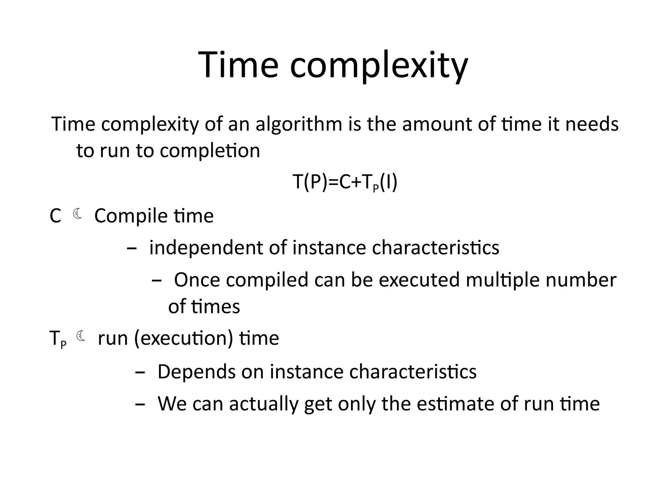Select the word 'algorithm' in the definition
pyautogui.click(x=299, y=124)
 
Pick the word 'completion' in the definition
pyautogui.click(x=210, y=151)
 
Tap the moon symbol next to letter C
pyautogui.click(x=78, y=214)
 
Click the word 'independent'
pyautogui.click(x=206, y=248)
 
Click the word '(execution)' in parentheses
pyautogui.click(x=183, y=339)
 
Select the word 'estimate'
pyautogui.click(x=456, y=404)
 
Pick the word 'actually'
pyautogui.click(x=263, y=404)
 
